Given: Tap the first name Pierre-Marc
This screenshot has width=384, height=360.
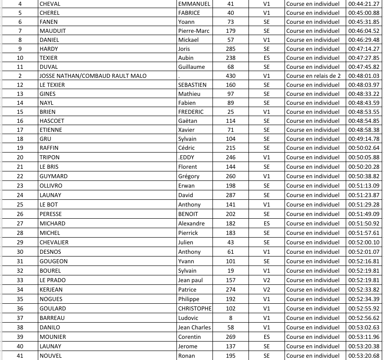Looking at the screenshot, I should (x=194, y=31).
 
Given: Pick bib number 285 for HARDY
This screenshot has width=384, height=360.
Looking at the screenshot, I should (x=230, y=49).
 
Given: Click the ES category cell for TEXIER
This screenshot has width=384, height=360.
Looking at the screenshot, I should (x=267, y=58).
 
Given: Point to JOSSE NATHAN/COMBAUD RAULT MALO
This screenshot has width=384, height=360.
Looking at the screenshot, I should (x=93, y=76).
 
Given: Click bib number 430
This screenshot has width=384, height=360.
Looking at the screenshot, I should (x=230, y=76).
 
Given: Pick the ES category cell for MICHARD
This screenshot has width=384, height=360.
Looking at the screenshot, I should (x=267, y=223).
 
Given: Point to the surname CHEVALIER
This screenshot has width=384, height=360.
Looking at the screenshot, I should (x=54, y=242).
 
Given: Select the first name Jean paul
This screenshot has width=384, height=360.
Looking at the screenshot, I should (x=190, y=280).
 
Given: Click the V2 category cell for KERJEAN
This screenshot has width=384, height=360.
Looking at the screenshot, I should (x=267, y=289).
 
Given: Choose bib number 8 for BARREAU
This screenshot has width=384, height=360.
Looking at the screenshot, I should (x=230, y=318).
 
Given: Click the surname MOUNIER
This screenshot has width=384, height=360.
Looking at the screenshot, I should (x=53, y=337).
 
